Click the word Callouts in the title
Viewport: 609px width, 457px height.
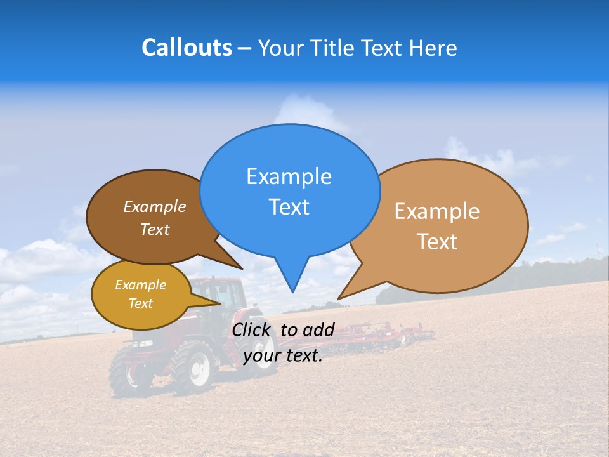click(187, 48)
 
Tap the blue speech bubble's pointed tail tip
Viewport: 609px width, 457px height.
click(292, 291)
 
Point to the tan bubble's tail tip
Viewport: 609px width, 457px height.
click(339, 298)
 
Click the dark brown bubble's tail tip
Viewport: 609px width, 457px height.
click(241, 268)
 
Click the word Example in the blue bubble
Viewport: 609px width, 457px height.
click(289, 176)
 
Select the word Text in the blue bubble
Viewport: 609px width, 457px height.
click(289, 207)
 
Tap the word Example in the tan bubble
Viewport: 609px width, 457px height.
click(437, 211)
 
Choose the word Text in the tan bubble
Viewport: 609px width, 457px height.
click(437, 242)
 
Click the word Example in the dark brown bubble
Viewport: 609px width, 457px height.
click(154, 207)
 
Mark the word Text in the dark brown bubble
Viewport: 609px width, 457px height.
click(154, 230)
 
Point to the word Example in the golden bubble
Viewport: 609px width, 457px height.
click(140, 285)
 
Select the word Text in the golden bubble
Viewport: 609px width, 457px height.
click(140, 303)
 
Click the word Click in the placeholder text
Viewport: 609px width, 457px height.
click(253, 329)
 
